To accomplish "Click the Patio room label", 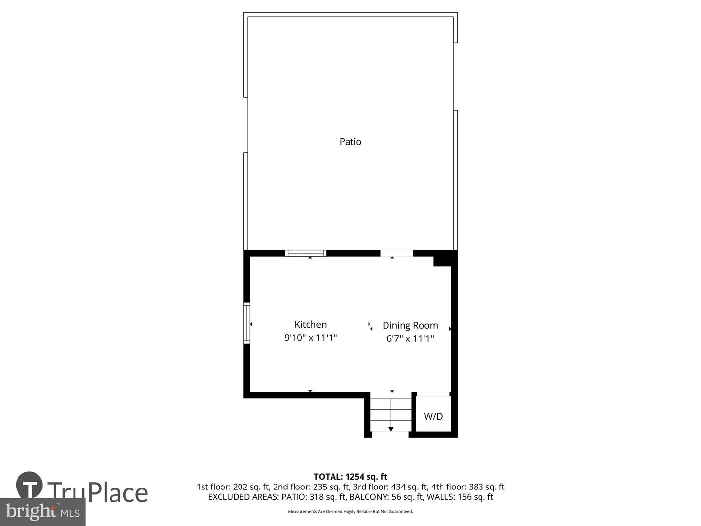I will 350,142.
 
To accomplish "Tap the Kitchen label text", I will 311,325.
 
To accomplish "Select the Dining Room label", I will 410,325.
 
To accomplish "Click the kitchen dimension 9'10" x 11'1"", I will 311,338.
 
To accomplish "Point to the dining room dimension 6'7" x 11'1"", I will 410,338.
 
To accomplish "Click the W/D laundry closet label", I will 433,416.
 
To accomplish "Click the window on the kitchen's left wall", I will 247,323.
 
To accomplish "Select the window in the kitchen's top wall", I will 305,253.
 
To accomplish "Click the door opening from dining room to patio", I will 396,253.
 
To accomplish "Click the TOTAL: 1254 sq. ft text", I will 350,477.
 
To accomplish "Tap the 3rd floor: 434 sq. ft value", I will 391,487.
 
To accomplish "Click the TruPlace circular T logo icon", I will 29,486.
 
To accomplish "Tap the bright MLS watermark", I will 43,512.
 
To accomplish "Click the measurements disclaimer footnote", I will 350,511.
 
